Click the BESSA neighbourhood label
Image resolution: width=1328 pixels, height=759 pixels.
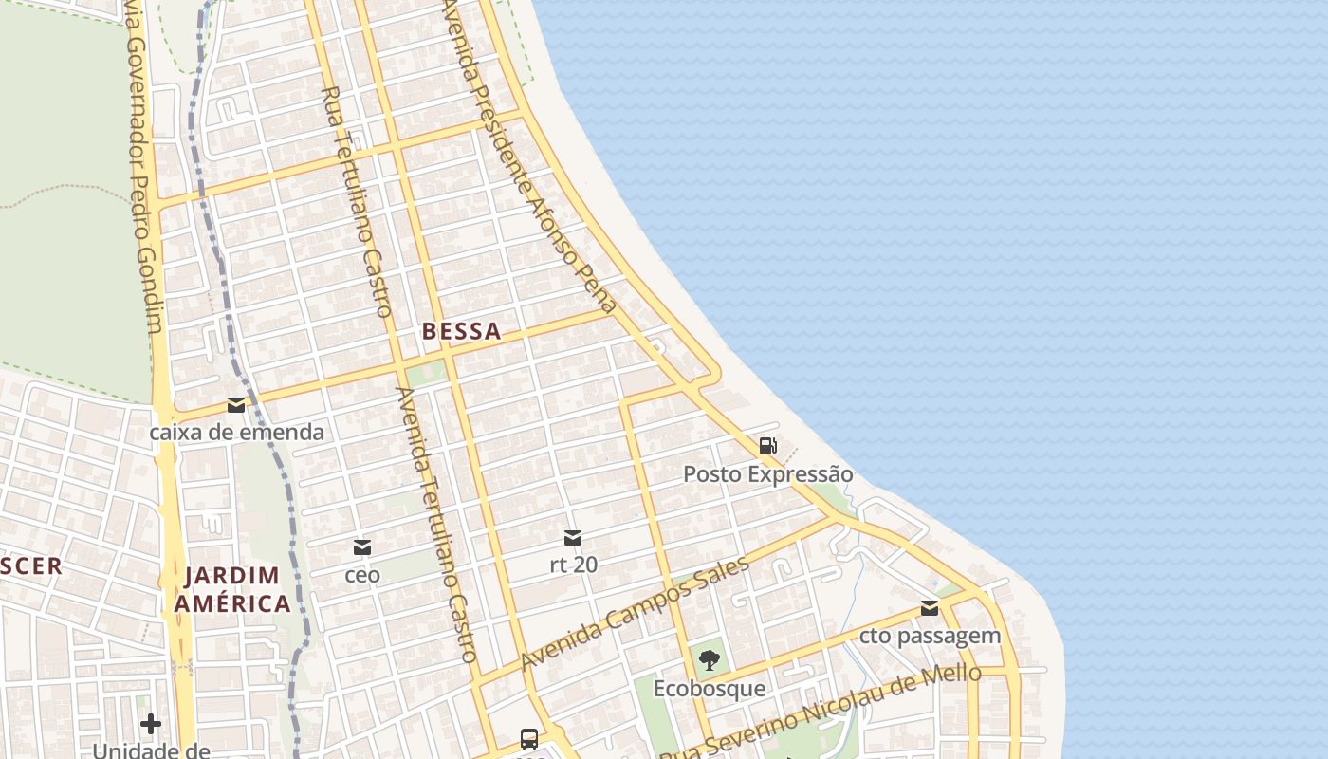[461, 331]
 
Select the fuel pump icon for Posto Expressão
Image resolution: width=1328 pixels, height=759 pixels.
[767, 446]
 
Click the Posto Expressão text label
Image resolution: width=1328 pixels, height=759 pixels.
[768, 473]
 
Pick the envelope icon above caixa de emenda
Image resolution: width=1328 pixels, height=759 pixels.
[236, 406]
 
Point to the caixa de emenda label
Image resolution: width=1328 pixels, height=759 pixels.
[237, 433]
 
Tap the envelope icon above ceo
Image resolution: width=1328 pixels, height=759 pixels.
[362, 547]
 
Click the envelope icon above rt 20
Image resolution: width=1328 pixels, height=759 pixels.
[573, 538]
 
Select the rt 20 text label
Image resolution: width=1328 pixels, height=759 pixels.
[574, 565]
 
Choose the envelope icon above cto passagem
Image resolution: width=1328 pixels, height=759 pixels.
[930, 608]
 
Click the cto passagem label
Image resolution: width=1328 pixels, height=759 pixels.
[931, 636]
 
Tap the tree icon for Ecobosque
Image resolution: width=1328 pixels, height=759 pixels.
[709, 660]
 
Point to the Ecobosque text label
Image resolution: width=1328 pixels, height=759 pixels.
[710, 688]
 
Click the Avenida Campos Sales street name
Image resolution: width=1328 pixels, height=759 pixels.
[635, 613]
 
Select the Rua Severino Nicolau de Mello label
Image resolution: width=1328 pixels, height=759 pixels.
[821, 712]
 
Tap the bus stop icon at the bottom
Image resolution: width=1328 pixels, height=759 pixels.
[529, 738]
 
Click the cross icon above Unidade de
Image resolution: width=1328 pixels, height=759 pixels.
[151, 725]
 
